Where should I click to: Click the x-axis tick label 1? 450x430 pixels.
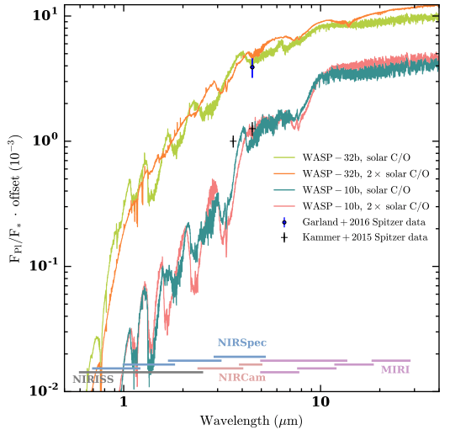pyautogui.click(x=124, y=403)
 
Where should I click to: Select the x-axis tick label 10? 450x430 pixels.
pyautogui.click(x=320, y=403)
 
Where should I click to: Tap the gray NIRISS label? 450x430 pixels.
pyautogui.click(x=93, y=380)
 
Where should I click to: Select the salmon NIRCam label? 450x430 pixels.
pyautogui.click(x=242, y=378)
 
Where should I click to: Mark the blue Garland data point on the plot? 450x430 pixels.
pyautogui.click(x=252, y=66)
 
